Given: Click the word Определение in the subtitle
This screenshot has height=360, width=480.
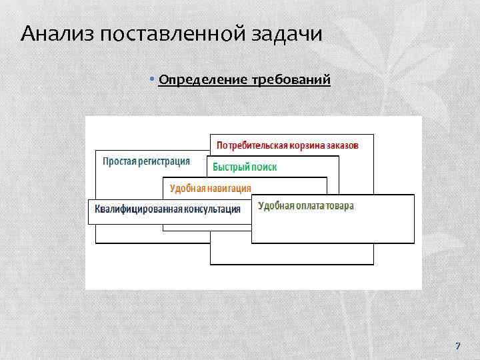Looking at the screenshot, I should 203,81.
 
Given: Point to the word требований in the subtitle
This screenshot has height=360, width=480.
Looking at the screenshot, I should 291,81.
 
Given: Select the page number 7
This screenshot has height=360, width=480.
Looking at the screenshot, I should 457,345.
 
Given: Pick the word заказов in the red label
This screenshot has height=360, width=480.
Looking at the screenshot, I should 343,145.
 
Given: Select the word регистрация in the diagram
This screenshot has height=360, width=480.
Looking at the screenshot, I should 164,161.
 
